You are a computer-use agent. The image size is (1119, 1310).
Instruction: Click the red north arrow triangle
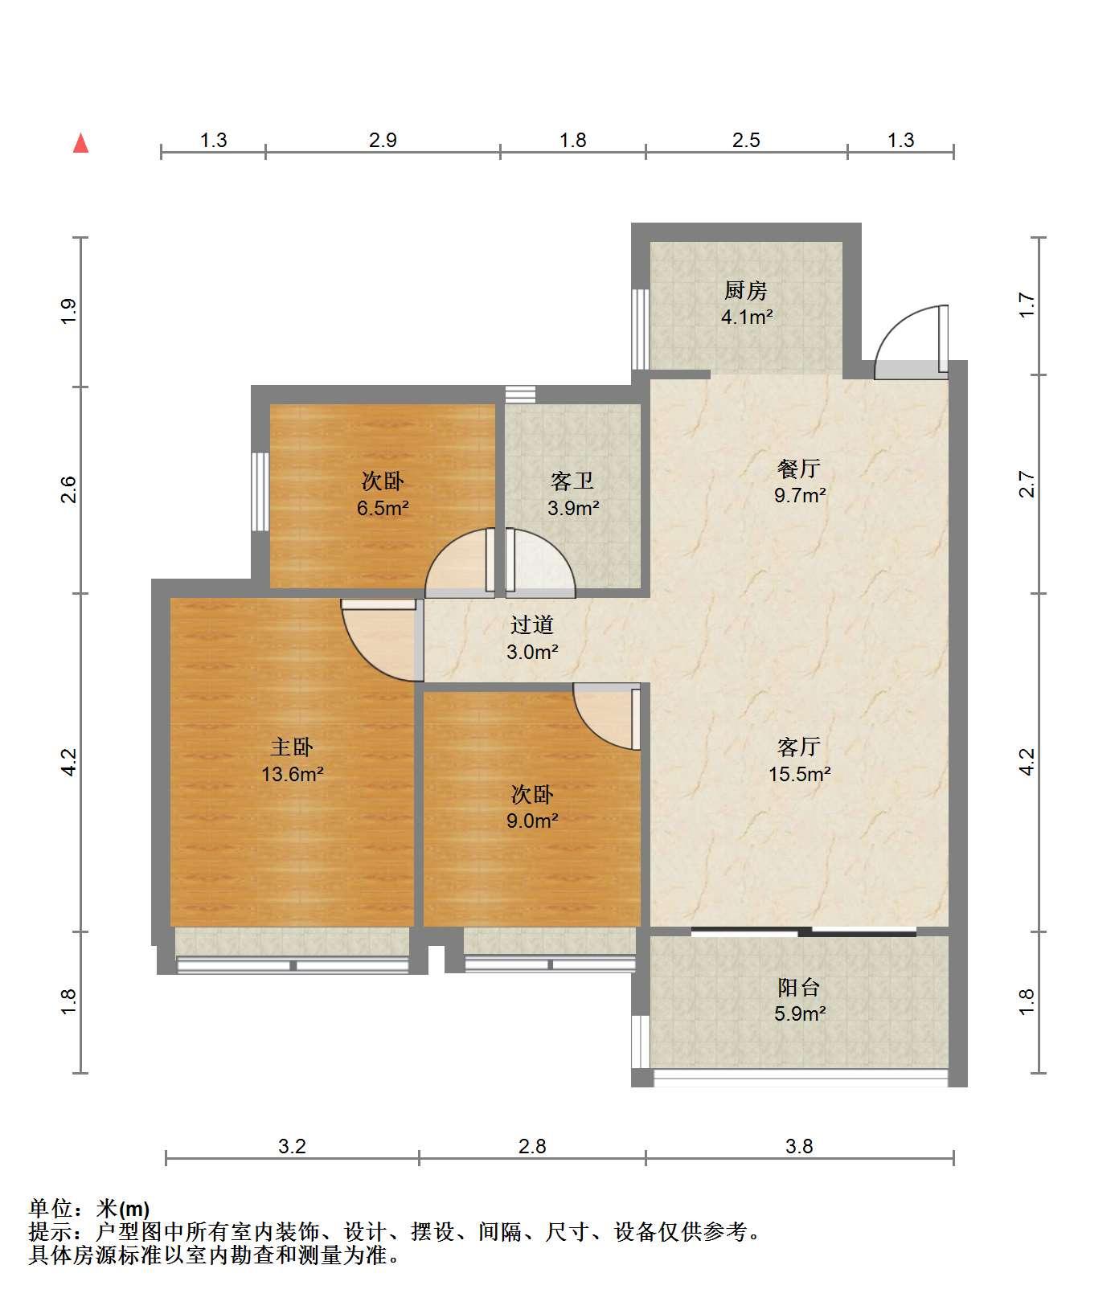click(x=80, y=143)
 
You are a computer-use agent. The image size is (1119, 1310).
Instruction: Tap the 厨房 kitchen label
click(x=746, y=290)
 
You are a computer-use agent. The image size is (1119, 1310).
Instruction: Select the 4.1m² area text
click(x=747, y=317)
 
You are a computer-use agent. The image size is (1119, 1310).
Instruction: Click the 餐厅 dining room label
click(x=799, y=469)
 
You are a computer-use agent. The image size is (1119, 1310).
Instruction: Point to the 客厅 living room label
click(x=799, y=747)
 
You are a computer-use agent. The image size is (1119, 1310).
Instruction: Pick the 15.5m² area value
click(x=799, y=774)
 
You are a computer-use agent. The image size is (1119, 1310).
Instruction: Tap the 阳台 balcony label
click(x=799, y=987)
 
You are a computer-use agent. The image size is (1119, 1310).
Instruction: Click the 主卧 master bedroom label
click(x=292, y=747)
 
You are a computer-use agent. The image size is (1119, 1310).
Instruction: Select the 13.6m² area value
click(x=292, y=774)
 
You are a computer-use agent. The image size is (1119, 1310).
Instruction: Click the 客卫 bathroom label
click(x=572, y=481)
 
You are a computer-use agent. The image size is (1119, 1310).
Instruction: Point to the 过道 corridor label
click(x=532, y=625)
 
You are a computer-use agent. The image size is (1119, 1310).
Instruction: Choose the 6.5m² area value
click(x=383, y=508)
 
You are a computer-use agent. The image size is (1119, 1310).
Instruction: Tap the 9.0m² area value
click(x=532, y=821)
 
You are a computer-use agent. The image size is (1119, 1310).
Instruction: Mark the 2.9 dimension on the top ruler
click(x=383, y=141)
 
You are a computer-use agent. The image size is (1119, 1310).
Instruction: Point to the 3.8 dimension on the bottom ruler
click(x=799, y=1147)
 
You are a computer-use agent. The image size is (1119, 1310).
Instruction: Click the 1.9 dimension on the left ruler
click(x=68, y=311)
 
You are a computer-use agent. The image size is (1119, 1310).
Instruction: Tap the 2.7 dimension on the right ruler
click(x=1027, y=484)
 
